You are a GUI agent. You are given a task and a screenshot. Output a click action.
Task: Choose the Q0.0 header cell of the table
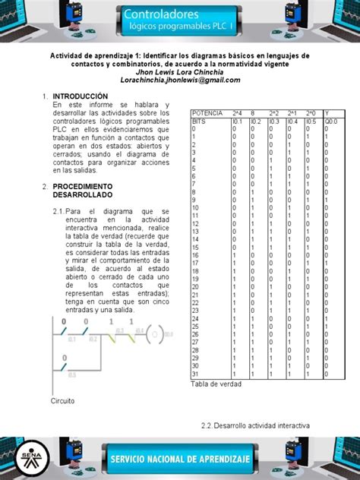point(332,120)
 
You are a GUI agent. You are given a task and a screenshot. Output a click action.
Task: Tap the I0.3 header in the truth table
point(275,120)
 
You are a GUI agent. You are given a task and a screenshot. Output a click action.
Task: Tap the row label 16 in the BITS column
point(196,255)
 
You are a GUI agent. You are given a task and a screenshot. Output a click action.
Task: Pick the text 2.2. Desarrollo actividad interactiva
point(251,426)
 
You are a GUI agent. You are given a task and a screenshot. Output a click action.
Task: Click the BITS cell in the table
point(200,120)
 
